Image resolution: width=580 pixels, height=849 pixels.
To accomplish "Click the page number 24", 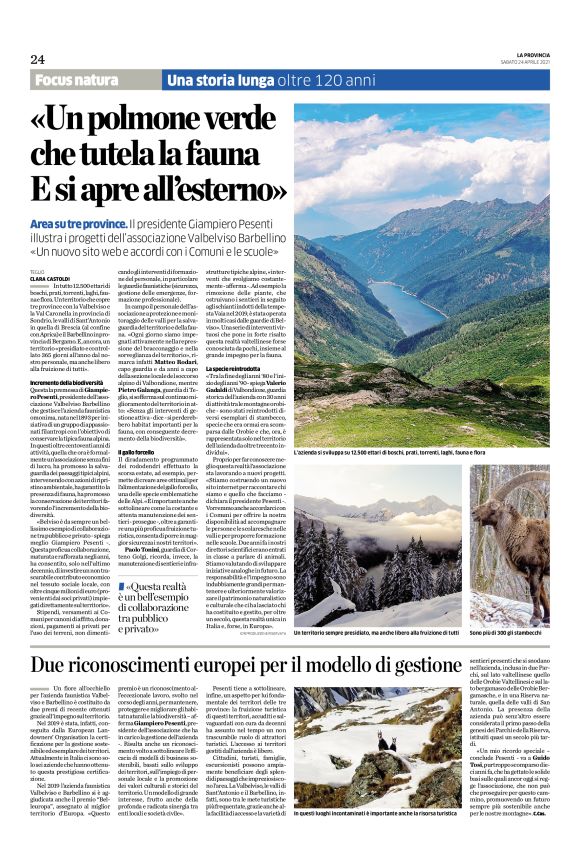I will tap(37, 59).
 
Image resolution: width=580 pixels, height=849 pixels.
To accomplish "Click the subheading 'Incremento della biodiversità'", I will tap(69, 383).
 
